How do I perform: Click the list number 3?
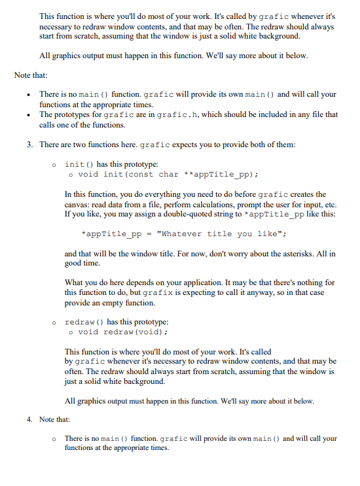coord(29,144)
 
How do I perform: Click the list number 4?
coord(29,419)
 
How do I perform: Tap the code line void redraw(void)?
coord(117,333)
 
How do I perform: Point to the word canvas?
coord(78,205)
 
